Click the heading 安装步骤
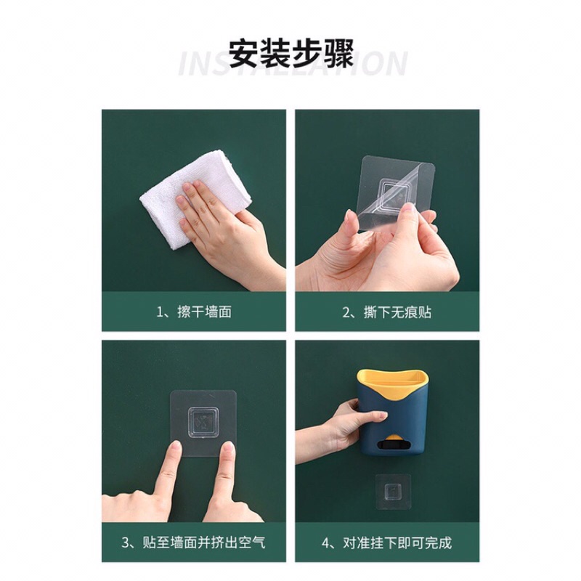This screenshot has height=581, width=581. pyautogui.click(x=290, y=54)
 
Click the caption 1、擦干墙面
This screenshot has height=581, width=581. pyautogui.click(x=194, y=312)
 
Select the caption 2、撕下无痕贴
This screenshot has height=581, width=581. pyautogui.click(x=386, y=312)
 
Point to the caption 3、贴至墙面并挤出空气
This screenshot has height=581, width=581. pyautogui.click(x=194, y=543)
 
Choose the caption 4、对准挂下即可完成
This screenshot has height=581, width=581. pyautogui.click(x=386, y=543)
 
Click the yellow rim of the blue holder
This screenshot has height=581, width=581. pyautogui.click(x=392, y=380)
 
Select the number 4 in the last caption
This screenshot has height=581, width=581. pyautogui.click(x=325, y=543)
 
